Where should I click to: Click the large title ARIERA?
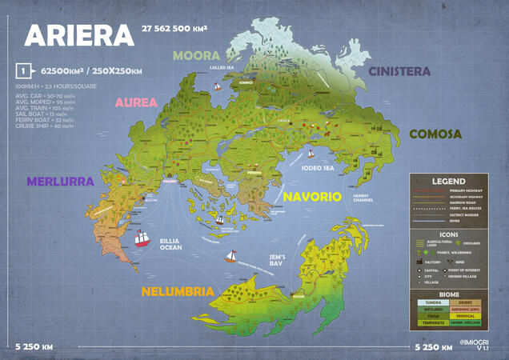coord(79,35)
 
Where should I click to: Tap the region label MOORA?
coord(197,55)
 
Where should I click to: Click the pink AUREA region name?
coord(141,102)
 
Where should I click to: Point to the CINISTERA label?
coord(399,71)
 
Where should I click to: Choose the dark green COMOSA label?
coord(435,134)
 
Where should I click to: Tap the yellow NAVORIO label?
coord(311,196)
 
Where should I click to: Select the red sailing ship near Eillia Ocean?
coord(142,238)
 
